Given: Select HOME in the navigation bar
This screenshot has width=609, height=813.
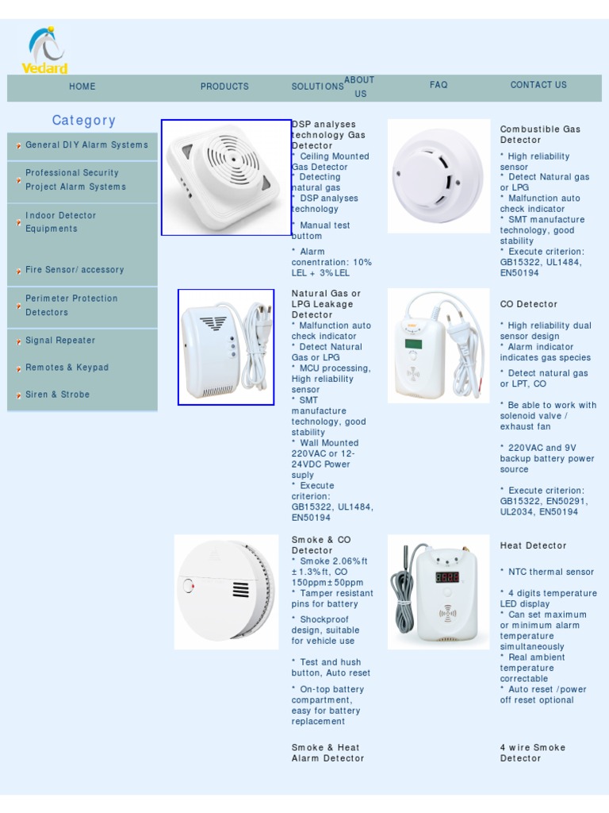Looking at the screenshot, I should coord(82,87).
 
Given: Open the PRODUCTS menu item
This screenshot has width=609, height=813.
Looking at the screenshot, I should coord(224,87).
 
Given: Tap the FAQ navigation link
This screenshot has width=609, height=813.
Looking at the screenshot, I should coord(439,85).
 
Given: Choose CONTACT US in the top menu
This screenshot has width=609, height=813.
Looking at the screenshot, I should coord(538,85).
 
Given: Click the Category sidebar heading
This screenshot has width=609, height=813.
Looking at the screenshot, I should coord(84,121).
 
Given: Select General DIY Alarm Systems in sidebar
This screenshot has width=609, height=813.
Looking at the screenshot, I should coord(86,145).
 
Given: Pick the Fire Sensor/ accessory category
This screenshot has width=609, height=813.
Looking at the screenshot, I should coord(75,270).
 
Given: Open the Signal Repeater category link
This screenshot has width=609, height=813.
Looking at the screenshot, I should coord(60,341).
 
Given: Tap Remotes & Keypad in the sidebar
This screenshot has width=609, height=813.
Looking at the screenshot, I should coord(67,368).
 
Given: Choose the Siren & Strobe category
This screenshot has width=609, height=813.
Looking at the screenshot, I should coord(57,395).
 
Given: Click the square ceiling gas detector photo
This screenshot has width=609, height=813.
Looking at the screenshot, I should coord(227,177).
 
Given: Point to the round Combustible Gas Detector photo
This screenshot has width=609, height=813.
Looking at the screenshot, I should coord(439,176).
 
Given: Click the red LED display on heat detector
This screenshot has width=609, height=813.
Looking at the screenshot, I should coord(447,577).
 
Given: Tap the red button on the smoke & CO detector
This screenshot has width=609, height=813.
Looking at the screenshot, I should coord(189,587).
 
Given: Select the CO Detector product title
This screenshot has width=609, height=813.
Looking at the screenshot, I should coord(528,304).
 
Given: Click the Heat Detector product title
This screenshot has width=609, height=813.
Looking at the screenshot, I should coord(533,545).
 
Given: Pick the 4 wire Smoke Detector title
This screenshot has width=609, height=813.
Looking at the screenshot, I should coord(532,753).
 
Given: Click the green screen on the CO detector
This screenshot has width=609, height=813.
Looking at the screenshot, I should coord(413,344).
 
